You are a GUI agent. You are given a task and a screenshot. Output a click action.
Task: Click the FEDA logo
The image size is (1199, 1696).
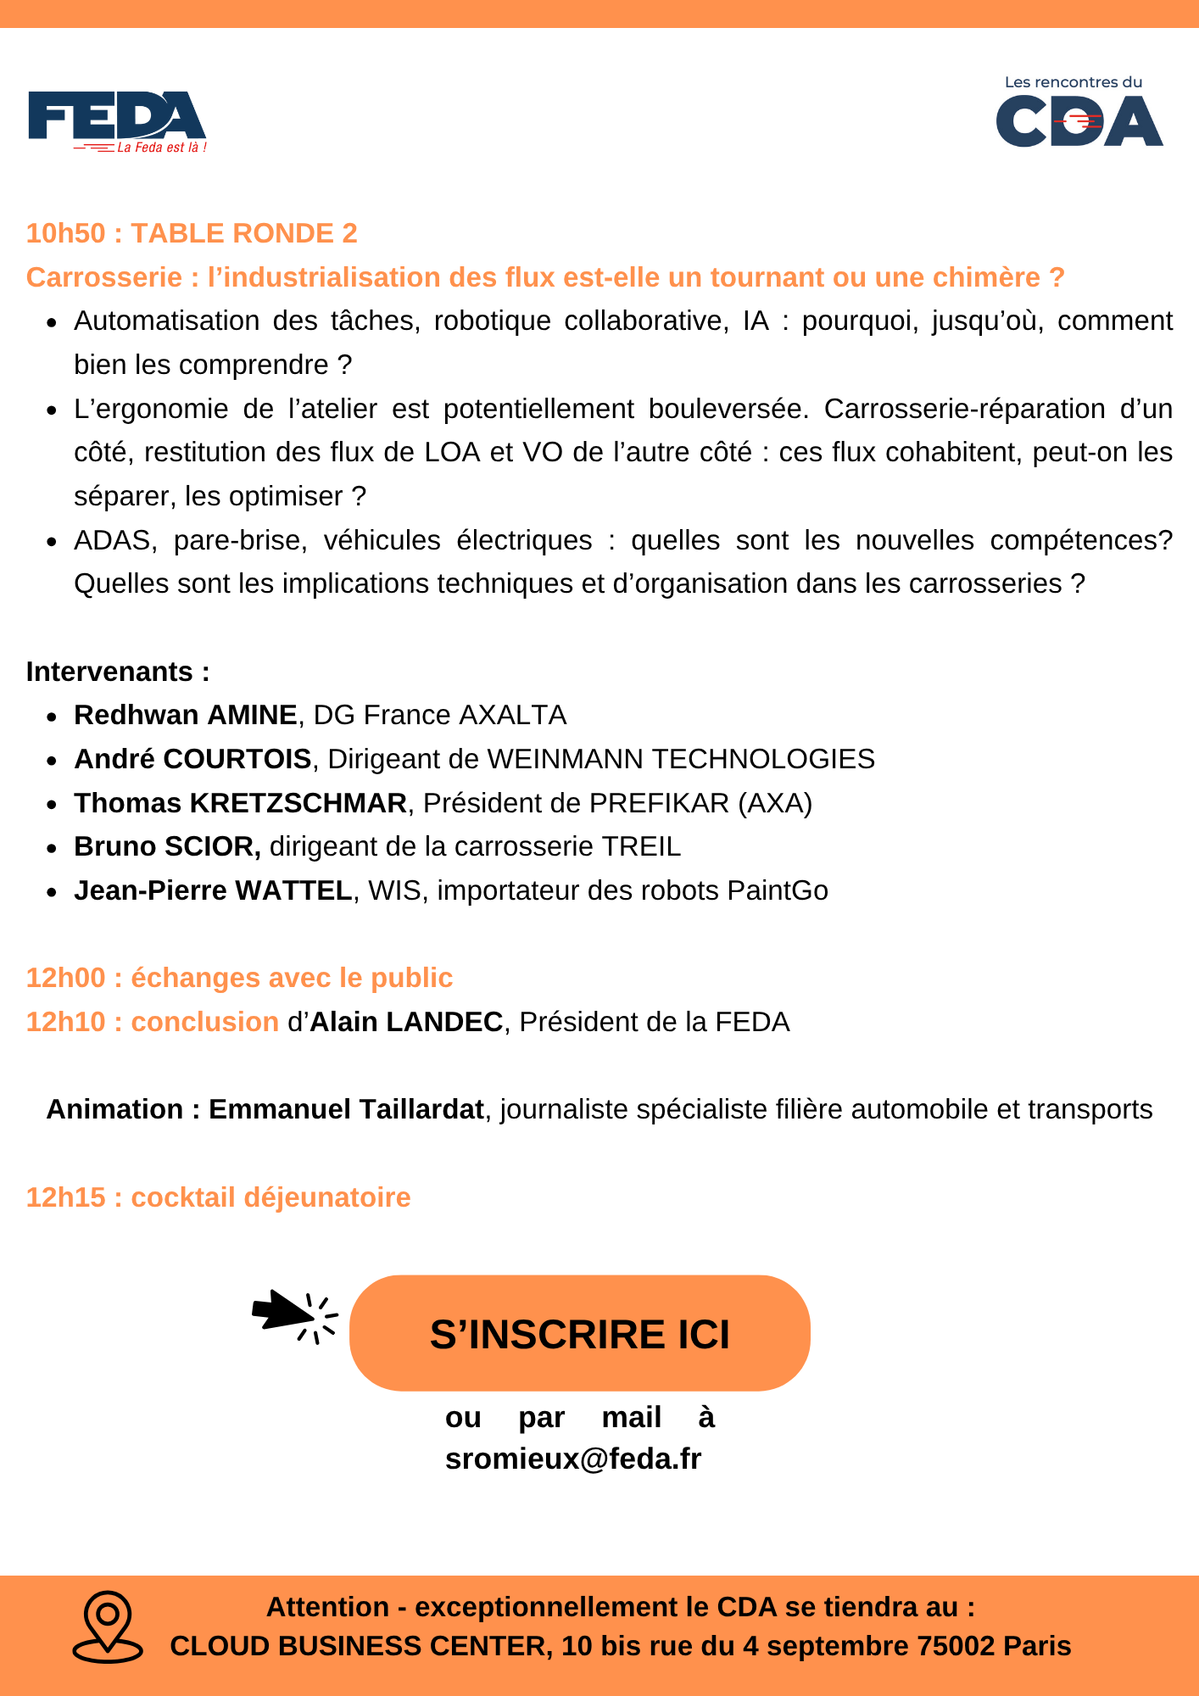tap(117, 121)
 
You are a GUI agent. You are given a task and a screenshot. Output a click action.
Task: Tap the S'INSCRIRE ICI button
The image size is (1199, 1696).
tap(579, 1334)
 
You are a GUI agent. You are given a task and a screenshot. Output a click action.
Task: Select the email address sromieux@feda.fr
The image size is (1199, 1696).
tap(573, 1459)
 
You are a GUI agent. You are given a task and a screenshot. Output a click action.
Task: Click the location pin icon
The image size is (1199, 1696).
tap(108, 1626)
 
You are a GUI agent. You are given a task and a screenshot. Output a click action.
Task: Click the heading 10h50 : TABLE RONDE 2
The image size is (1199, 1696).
tap(192, 233)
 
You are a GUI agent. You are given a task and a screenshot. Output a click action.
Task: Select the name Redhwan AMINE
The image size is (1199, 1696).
tap(186, 715)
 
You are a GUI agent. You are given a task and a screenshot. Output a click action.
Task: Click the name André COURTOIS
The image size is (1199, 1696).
tap(192, 759)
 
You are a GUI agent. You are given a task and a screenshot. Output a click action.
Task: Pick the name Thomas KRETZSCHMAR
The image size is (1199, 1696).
tap(240, 803)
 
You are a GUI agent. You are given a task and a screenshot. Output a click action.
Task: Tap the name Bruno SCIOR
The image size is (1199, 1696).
tap(166, 846)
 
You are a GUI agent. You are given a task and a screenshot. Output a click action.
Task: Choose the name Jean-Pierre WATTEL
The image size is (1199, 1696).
tap(213, 890)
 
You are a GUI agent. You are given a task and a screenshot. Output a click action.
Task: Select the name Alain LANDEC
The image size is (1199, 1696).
tap(406, 1022)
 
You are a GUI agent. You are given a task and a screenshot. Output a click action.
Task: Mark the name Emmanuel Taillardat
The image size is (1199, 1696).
tap(347, 1109)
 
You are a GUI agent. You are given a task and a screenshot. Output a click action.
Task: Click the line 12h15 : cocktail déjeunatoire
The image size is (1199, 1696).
tap(218, 1197)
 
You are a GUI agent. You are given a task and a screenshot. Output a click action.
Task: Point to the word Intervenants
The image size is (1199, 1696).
tap(110, 672)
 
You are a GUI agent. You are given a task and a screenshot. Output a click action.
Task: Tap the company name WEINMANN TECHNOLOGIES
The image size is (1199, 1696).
tap(681, 759)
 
